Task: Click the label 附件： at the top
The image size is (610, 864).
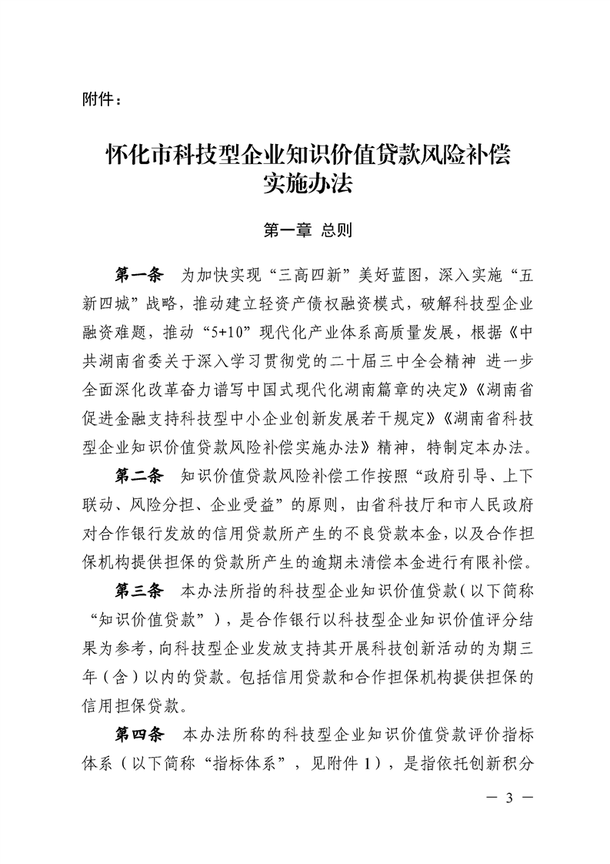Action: pyautogui.click(x=99, y=100)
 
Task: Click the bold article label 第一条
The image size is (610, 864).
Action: pyautogui.click(x=139, y=275)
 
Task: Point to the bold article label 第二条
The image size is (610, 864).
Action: pyautogui.click(x=139, y=472)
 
